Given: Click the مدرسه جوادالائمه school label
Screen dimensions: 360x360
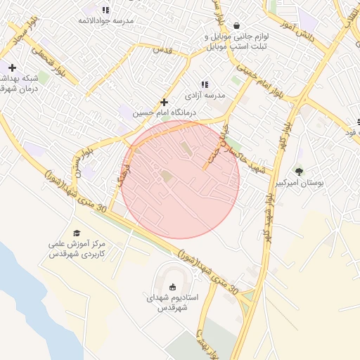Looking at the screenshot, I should tap(105, 20).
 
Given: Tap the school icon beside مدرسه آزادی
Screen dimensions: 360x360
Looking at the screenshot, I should tap(205, 84).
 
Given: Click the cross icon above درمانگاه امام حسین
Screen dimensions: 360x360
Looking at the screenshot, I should tap(165, 102).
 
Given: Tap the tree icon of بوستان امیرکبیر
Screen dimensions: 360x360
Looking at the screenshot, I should tap(299, 171).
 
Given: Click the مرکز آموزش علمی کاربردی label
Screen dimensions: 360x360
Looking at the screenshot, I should tap(77, 247).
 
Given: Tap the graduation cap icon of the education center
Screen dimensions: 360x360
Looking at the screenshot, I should tap(76, 233).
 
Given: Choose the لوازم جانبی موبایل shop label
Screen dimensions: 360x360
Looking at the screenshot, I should tap(235, 41).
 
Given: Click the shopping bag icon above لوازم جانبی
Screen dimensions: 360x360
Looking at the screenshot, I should tap(236, 25).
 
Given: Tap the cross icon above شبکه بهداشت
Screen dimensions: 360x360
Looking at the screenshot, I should tap(12, 67).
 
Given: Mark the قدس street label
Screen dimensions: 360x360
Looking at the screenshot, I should tap(162, 50).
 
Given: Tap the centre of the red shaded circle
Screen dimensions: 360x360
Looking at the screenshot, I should tap(181, 179).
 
